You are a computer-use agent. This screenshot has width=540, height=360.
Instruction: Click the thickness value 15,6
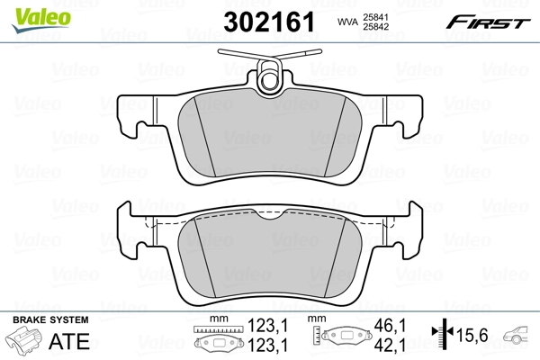point(473,336)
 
